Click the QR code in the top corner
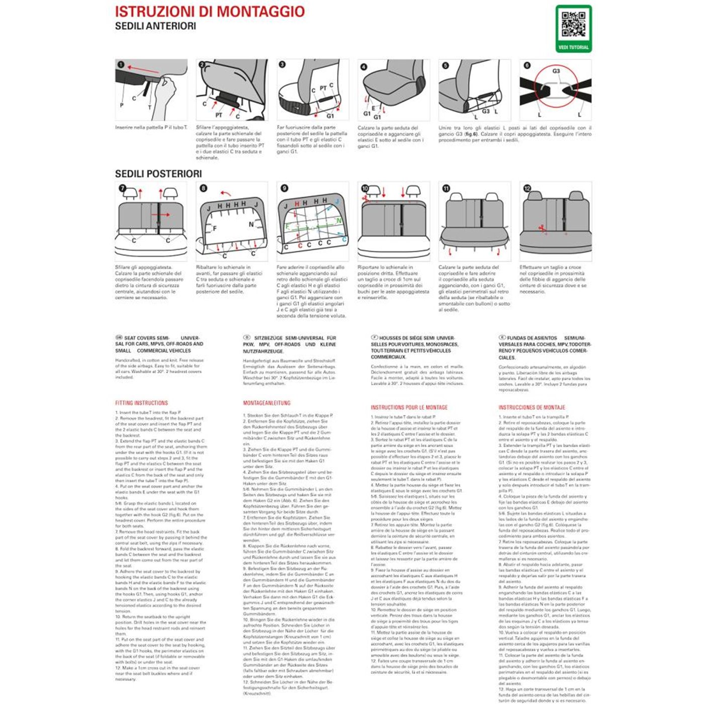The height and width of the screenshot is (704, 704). pos(573,25)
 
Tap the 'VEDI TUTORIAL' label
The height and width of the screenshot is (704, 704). pos(573,47)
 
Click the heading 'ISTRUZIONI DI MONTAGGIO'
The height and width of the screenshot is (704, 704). pos(210,12)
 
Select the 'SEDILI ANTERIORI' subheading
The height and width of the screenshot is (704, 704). pos(155,26)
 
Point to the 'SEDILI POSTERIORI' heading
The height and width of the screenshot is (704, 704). pos(158,174)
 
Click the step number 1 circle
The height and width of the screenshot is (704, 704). pos(121,65)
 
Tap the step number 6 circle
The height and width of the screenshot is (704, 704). pos(527,65)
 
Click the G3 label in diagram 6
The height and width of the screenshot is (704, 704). pos(556,71)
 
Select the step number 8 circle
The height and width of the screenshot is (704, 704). pos(203,188)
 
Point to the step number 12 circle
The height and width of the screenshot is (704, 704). pos(527,188)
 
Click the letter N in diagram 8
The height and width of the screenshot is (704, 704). pos(251,224)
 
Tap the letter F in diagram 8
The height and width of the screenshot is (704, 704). pos(215,228)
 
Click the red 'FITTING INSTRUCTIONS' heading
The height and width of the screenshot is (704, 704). pos(141,403)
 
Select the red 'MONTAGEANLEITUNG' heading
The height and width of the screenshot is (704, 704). pos(267,403)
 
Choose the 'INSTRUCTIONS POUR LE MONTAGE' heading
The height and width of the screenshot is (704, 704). pos(409,407)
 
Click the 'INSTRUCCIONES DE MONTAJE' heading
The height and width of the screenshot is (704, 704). pos(532,407)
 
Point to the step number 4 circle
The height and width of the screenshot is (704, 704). pos(364,66)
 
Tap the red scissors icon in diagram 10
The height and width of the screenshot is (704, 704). pos(365,199)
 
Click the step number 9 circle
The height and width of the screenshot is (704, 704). pos(284,188)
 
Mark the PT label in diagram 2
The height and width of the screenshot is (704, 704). pos(219,115)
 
